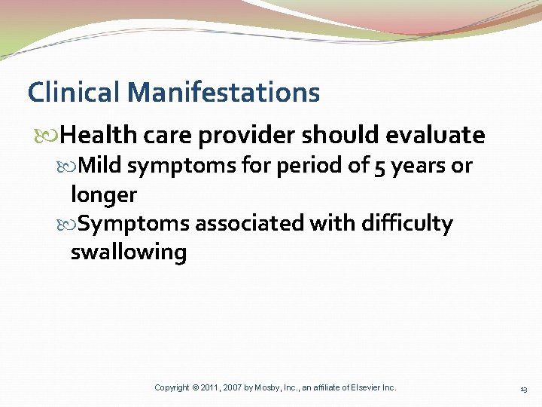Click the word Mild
101,165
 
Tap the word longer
104,194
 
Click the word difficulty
408,223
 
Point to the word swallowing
129,252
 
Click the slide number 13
523,389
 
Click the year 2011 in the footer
211,387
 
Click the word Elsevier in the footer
363,387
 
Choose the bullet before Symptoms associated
71,224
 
